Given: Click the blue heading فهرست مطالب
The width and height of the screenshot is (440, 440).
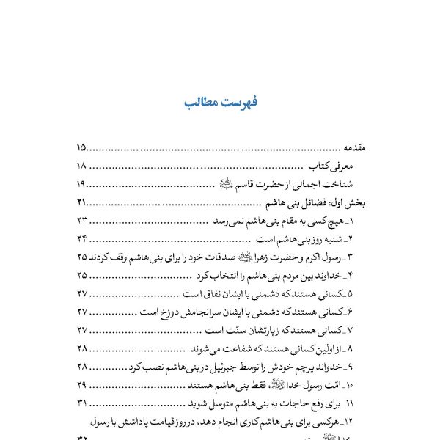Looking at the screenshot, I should point(220,102).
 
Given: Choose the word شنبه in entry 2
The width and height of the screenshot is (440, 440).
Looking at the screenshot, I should point(331,239).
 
